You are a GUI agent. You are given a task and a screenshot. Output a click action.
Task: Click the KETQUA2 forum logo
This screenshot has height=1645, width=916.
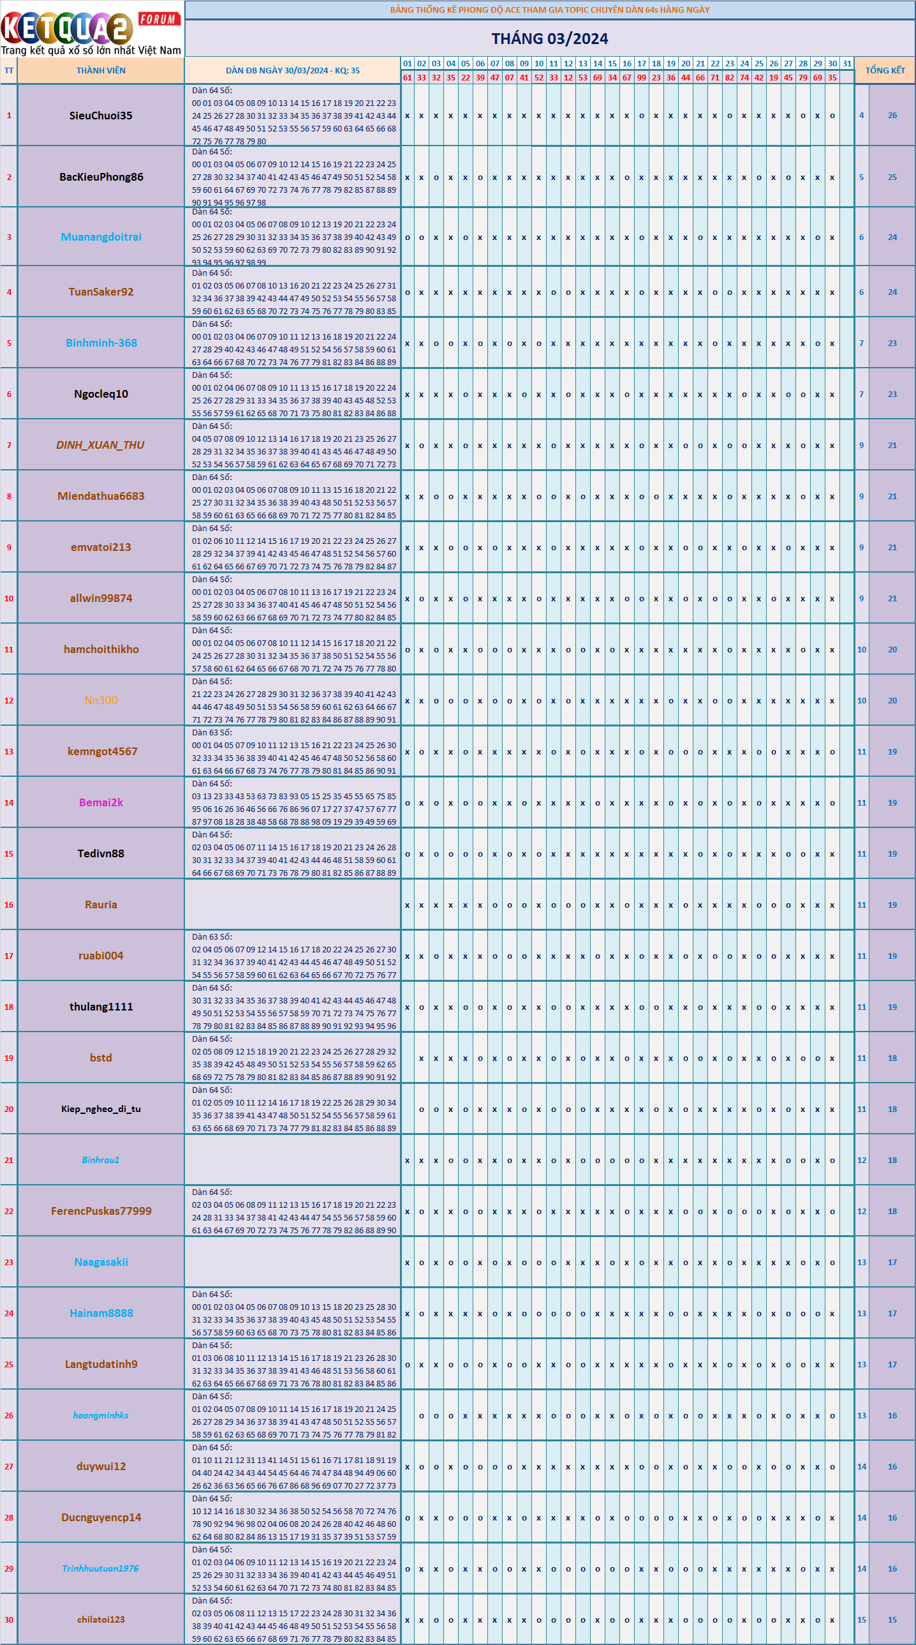(x=91, y=29)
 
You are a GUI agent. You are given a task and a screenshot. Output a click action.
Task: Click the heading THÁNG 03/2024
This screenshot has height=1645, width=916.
(x=550, y=39)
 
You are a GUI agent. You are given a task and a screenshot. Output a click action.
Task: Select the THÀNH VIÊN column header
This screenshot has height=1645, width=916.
(x=101, y=71)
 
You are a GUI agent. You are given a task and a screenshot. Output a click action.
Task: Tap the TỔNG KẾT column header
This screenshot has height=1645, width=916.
(x=885, y=71)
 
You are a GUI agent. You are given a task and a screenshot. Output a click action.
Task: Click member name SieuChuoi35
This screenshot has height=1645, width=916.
(x=101, y=116)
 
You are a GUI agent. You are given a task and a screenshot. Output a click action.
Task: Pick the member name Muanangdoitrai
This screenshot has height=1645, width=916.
(x=101, y=237)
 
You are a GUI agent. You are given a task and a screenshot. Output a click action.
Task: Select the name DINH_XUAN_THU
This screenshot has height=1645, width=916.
(x=100, y=445)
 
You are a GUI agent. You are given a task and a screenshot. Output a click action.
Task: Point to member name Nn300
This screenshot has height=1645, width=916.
(x=101, y=700)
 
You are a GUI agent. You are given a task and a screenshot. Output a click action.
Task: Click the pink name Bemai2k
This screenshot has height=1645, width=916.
(x=101, y=802)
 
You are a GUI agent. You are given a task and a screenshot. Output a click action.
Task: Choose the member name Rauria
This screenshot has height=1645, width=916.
(x=101, y=905)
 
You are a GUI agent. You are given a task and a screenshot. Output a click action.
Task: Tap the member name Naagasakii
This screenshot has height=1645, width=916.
(x=101, y=1263)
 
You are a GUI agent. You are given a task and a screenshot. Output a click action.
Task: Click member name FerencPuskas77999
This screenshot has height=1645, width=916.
(x=101, y=1212)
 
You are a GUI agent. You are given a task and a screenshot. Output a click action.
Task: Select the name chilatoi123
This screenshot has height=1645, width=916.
(x=101, y=1619)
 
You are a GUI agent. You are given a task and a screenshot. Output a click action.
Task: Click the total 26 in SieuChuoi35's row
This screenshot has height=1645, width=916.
(x=892, y=116)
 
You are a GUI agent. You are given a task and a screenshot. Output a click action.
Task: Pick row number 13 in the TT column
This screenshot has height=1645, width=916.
(x=9, y=751)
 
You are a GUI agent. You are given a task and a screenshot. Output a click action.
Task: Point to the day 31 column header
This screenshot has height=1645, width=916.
(x=847, y=64)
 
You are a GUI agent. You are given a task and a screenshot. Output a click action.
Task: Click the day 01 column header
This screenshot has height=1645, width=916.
(x=407, y=64)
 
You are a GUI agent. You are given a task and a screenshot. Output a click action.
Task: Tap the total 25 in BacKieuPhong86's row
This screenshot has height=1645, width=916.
(x=892, y=177)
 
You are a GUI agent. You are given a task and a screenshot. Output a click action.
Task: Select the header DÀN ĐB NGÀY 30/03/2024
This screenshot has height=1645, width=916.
(x=292, y=71)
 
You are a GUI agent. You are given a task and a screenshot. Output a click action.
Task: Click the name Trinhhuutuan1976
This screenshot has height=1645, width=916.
(x=100, y=1568)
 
